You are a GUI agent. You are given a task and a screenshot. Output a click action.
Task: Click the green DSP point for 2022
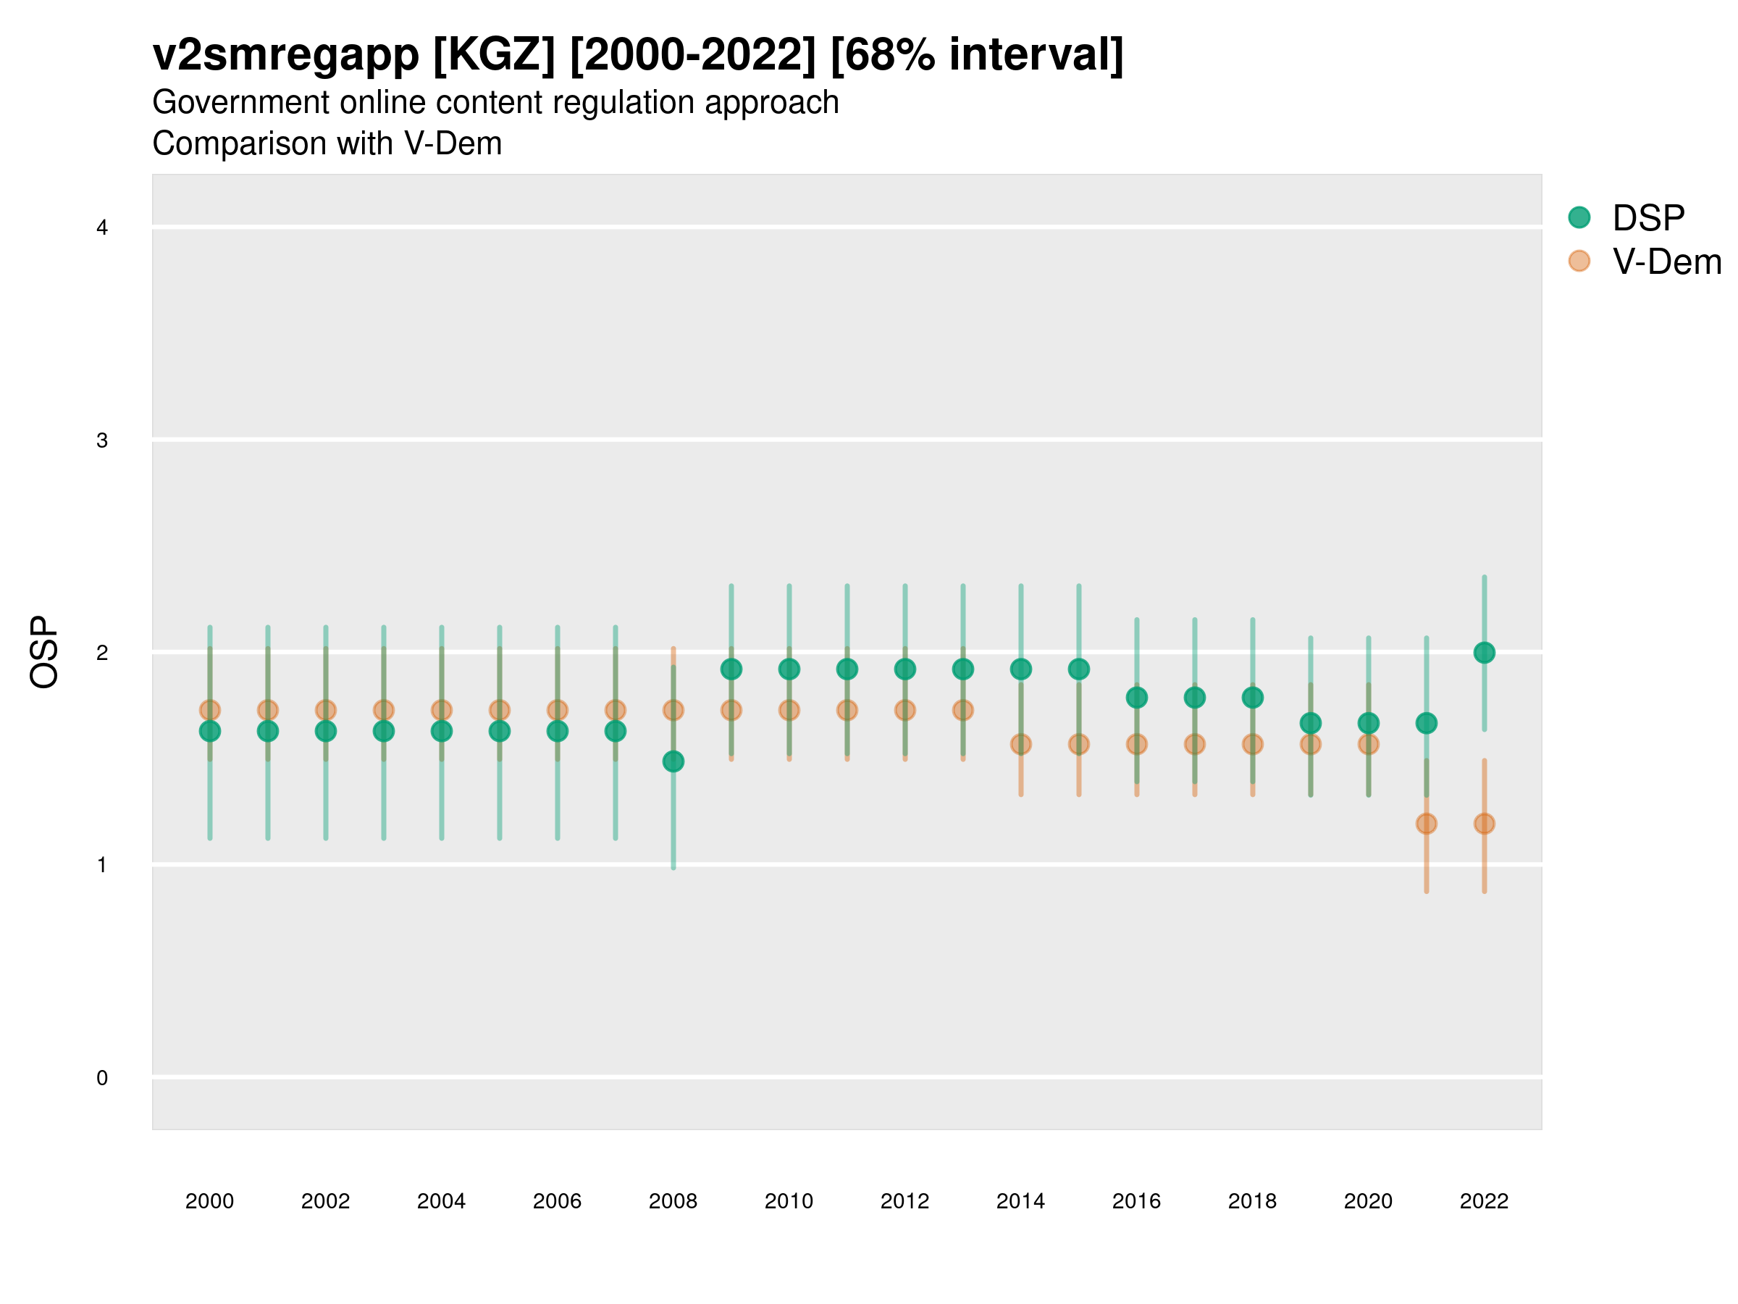click(x=1485, y=653)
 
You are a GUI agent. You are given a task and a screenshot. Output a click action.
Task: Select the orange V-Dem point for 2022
click(x=1485, y=824)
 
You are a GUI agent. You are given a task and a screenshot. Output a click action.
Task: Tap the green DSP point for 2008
click(x=673, y=761)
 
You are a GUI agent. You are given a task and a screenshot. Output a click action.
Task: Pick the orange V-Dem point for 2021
click(x=1426, y=824)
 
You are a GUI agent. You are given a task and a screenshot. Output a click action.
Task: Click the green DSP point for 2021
click(x=1426, y=723)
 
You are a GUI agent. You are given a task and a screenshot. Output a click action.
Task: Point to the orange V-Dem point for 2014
click(x=1020, y=743)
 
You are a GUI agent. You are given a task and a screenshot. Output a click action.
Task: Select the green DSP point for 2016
click(x=1137, y=697)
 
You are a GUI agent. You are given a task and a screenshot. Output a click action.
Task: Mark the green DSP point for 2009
click(x=731, y=669)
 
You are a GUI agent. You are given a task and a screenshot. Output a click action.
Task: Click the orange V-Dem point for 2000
click(x=210, y=710)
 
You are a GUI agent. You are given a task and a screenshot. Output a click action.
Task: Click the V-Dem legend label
click(x=1666, y=262)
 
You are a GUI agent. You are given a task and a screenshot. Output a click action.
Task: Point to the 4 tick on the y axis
click(x=102, y=228)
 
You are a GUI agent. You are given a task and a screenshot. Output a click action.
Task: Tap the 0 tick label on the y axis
click(x=102, y=1078)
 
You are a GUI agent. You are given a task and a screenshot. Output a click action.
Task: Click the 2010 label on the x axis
click(x=789, y=1201)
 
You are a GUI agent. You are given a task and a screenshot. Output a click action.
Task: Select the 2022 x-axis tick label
click(x=1485, y=1201)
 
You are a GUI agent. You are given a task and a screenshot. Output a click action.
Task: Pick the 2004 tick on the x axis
click(x=442, y=1201)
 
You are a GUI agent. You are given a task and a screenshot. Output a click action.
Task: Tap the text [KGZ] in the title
click(x=494, y=55)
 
